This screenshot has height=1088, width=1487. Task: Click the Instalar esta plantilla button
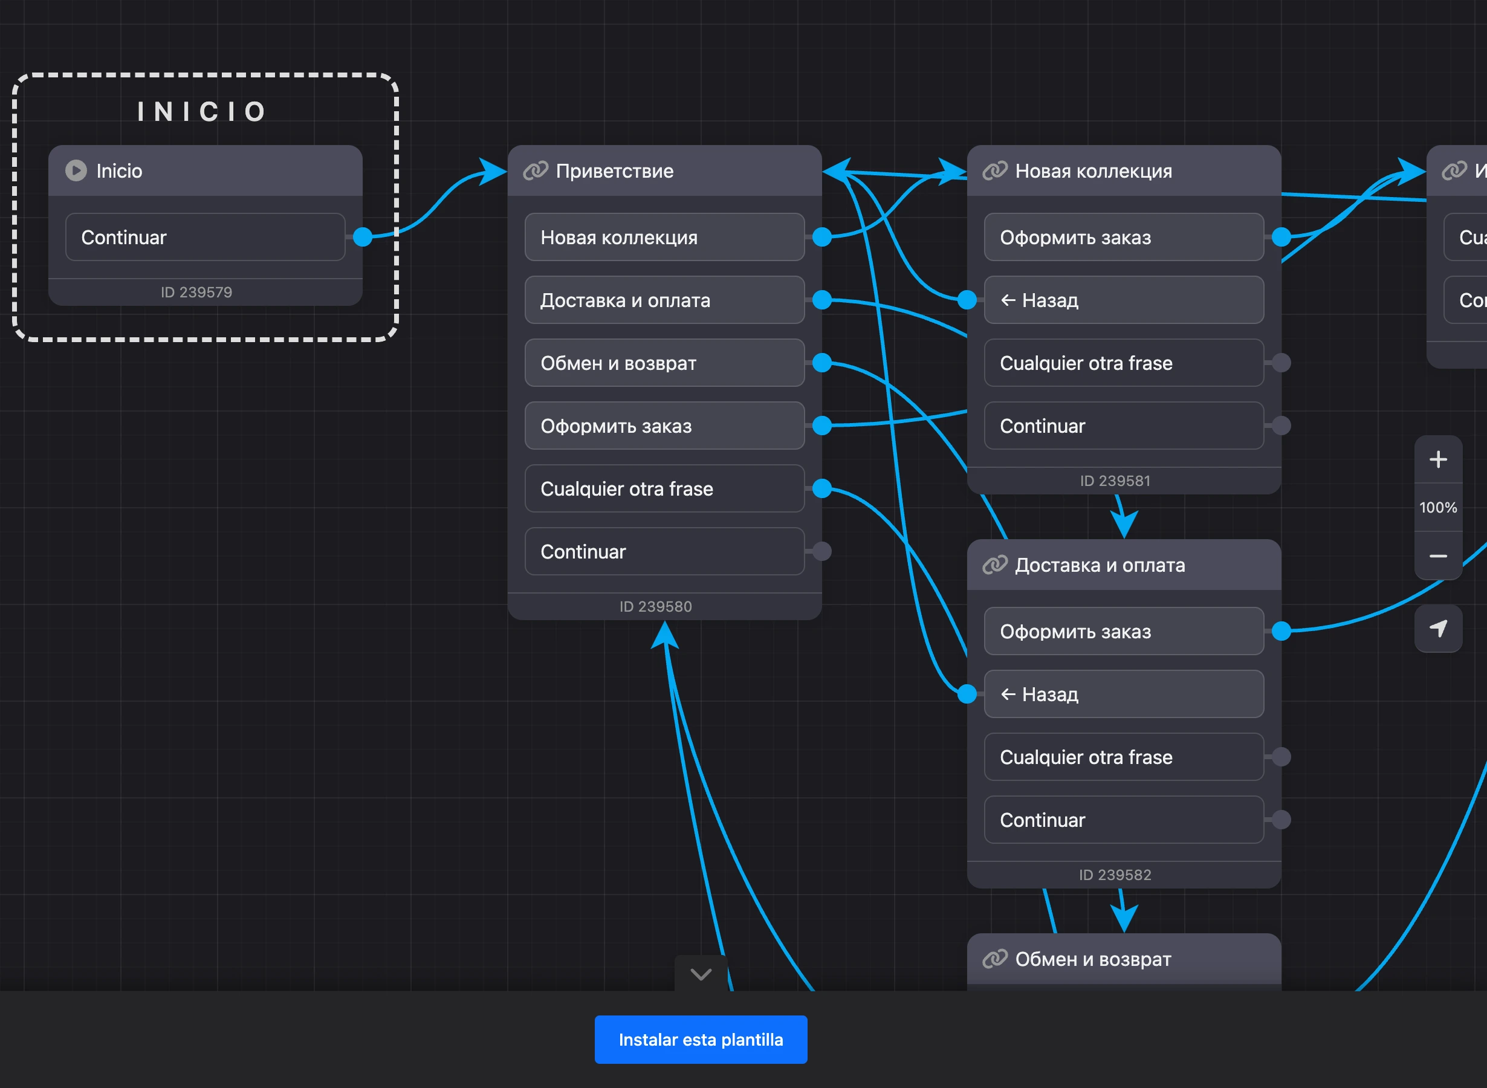pyautogui.click(x=701, y=1039)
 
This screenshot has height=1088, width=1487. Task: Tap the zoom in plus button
pyautogui.click(x=1438, y=459)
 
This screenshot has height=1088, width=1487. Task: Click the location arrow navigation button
pyautogui.click(x=1438, y=628)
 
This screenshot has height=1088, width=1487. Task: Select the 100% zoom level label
pyautogui.click(x=1438, y=508)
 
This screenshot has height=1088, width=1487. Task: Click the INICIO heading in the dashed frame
pyautogui.click(x=202, y=112)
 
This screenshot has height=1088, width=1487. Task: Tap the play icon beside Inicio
pyautogui.click(x=76, y=170)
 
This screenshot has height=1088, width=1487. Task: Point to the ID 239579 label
pyautogui.click(x=196, y=292)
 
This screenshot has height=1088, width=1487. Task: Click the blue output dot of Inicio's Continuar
pyautogui.click(x=363, y=236)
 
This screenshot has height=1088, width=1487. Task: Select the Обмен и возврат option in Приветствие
pyautogui.click(x=664, y=363)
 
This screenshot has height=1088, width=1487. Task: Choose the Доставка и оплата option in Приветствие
pyautogui.click(x=664, y=300)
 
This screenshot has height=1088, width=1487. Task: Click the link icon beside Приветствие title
pyautogui.click(x=536, y=170)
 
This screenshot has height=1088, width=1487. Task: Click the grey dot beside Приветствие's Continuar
pyautogui.click(x=822, y=551)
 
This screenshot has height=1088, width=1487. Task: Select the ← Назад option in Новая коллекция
pyautogui.click(x=1124, y=300)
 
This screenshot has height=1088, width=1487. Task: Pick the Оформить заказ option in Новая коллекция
pyautogui.click(x=1124, y=236)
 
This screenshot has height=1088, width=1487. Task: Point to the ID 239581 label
pyautogui.click(x=1115, y=481)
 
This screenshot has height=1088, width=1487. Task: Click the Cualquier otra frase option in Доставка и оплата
pyautogui.click(x=1124, y=757)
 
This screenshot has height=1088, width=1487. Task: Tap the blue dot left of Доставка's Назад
pyautogui.click(x=967, y=693)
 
